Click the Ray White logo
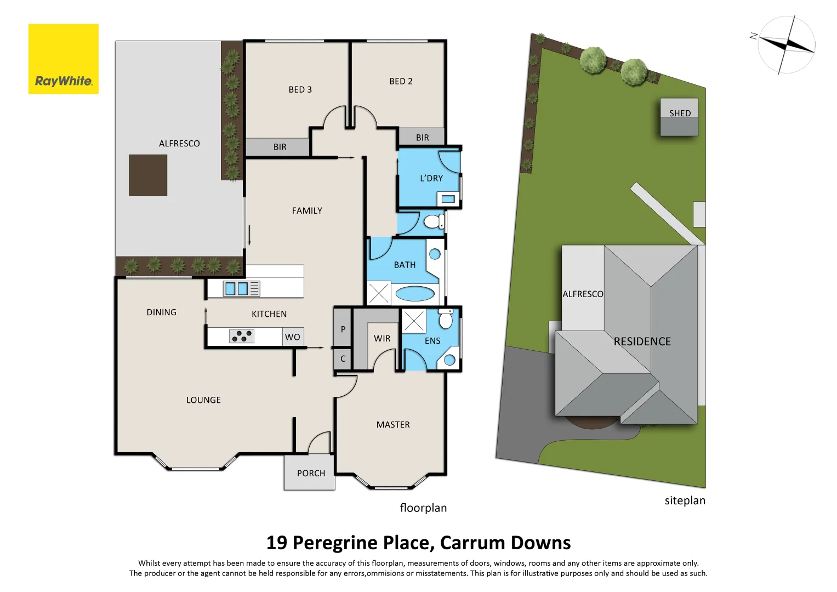[63, 59]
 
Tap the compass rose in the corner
[785, 45]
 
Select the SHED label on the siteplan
[679, 113]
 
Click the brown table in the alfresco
[148, 175]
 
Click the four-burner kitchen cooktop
[242, 336]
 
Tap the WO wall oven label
[292, 337]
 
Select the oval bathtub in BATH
[415, 294]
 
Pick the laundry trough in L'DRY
[448, 199]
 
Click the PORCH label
[311, 473]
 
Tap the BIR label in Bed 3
[280, 147]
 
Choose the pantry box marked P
[343, 329]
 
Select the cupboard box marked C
[343, 359]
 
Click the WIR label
[382, 339]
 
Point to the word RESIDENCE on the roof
[642, 341]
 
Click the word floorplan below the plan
[423, 508]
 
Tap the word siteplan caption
[685, 500]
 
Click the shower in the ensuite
[414, 321]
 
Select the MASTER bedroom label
[392, 425]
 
